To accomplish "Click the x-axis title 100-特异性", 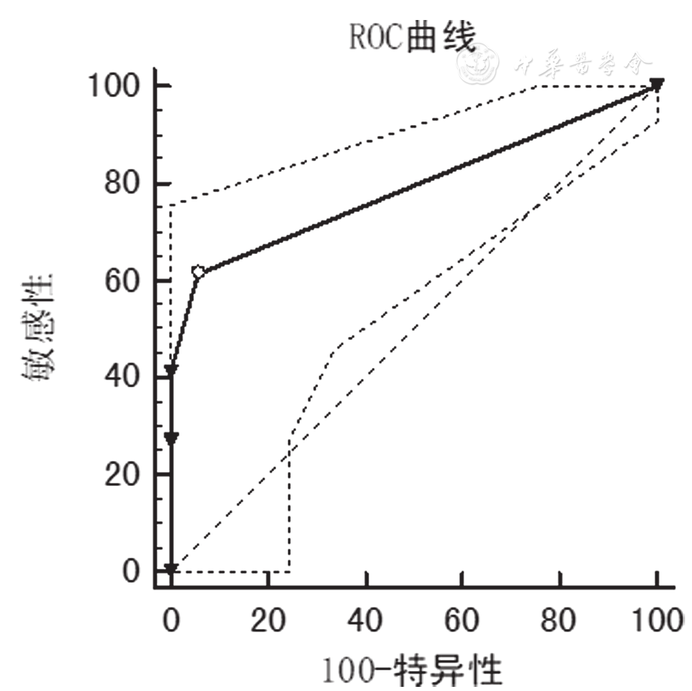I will tap(413, 668).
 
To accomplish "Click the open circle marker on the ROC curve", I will tap(199, 272).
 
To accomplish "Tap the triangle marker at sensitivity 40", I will tap(171, 371).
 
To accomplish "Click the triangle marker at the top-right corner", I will tap(657, 84).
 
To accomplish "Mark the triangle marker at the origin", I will tap(171, 570).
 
